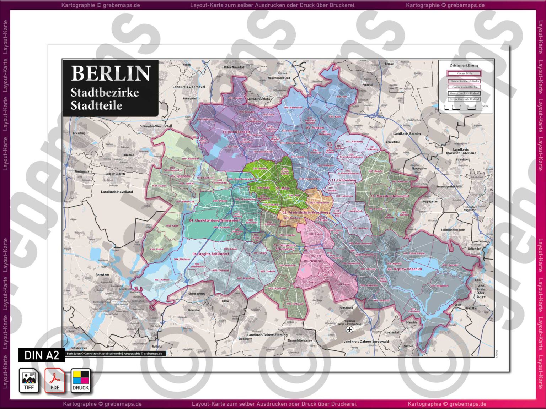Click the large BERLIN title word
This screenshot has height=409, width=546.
(111, 73)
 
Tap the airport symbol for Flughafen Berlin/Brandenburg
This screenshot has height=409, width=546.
(349, 329)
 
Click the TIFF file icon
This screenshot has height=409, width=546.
(29, 381)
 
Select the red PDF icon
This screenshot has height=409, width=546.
(55, 381)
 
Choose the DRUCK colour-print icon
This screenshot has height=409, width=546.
(81, 381)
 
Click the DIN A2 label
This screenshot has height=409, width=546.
(42, 355)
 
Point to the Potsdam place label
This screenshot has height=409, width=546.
(102, 275)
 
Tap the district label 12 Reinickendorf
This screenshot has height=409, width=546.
(236, 132)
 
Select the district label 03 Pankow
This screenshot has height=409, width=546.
(315, 128)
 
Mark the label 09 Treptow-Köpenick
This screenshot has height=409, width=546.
(405, 269)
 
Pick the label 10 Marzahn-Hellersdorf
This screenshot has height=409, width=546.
(390, 196)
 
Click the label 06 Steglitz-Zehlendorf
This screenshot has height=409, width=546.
(211, 254)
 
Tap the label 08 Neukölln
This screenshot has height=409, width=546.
(314, 261)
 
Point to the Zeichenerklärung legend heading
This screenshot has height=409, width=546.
(464, 65)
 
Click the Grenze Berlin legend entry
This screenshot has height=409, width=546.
(464, 73)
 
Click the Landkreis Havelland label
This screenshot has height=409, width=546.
(117, 192)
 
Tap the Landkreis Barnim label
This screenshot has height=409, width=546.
(407, 134)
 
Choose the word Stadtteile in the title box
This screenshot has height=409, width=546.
(96, 105)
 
